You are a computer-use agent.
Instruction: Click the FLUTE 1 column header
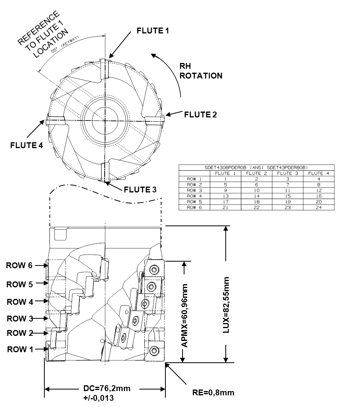(225, 173)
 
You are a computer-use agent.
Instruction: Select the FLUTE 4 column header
(318, 173)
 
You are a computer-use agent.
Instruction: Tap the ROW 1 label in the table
(194, 179)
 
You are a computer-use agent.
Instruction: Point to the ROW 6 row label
(194, 208)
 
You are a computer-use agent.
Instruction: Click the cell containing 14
(256, 196)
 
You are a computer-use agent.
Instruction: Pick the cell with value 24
(318, 208)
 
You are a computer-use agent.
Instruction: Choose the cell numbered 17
(225, 202)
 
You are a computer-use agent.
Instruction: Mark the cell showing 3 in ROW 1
(288, 179)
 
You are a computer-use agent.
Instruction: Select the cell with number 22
(256, 208)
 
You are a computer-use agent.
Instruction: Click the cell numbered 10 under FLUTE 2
(256, 190)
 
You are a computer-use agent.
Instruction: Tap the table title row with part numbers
(256, 168)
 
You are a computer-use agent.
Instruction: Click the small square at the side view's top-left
(60, 234)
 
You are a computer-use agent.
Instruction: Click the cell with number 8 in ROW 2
(318, 185)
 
